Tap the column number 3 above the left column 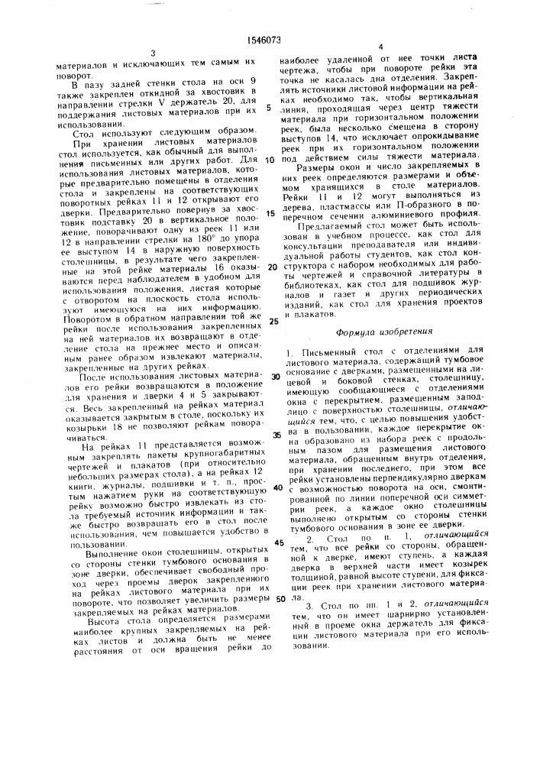pos(154,53)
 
